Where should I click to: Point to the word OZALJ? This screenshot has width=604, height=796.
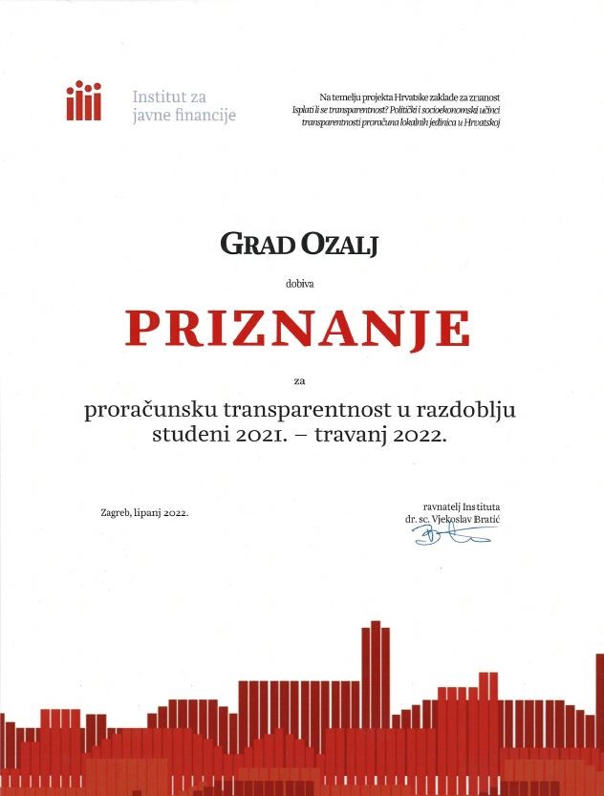pos(341,246)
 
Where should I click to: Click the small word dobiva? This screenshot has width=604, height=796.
pos(298,283)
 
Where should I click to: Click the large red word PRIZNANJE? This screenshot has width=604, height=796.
pos(298,328)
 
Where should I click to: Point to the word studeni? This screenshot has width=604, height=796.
pos(187,436)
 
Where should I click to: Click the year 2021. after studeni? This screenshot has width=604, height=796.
pos(258,436)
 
